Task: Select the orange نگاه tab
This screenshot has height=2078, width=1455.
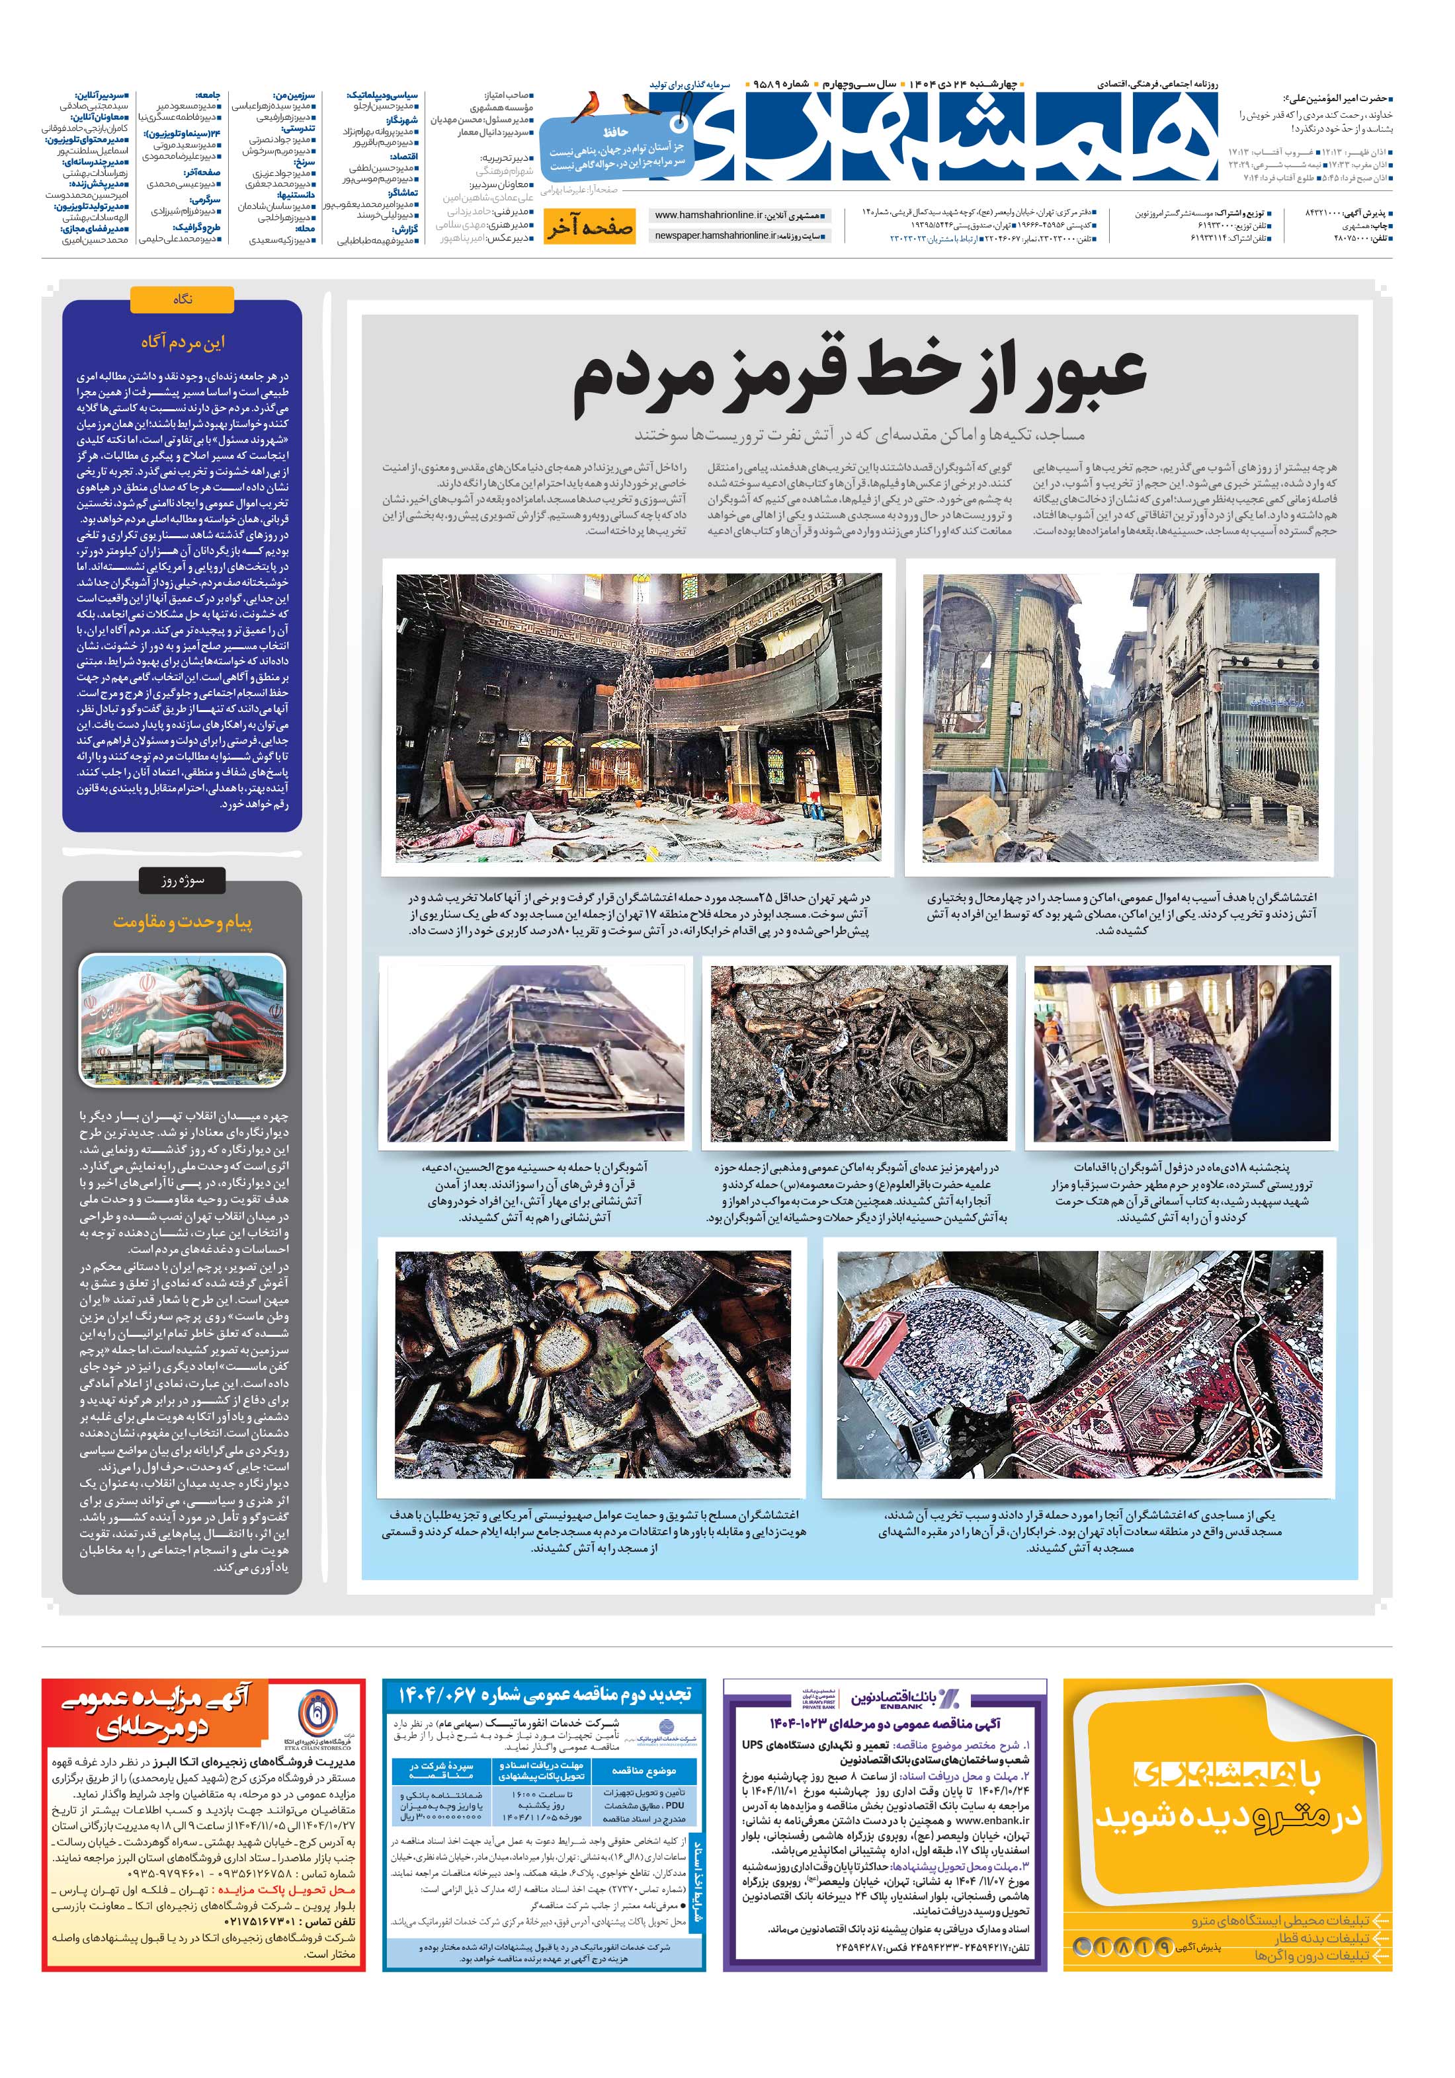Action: point(182,299)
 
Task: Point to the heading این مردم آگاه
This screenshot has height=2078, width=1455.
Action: point(182,342)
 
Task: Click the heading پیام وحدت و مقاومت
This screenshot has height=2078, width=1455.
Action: point(182,922)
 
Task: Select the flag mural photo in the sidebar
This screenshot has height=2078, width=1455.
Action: point(182,1020)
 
